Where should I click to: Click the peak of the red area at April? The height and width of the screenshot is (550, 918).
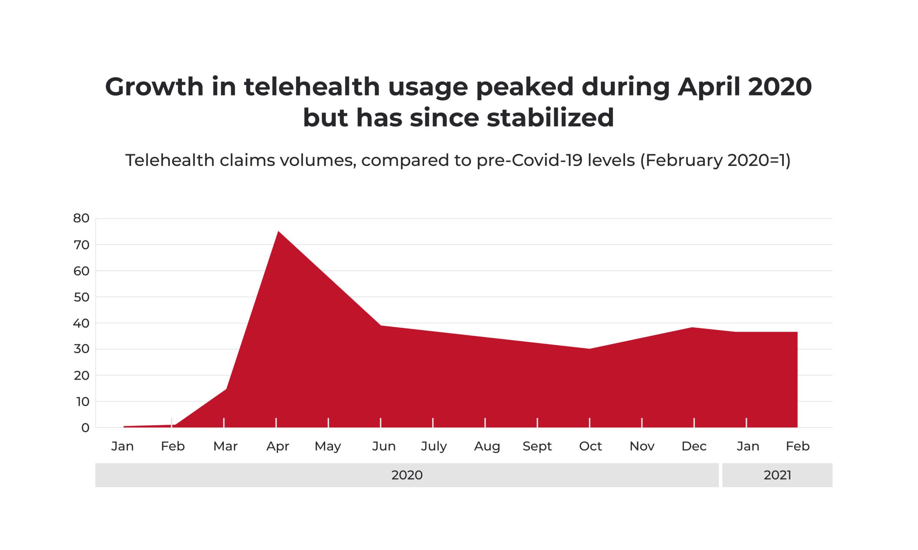click(x=278, y=231)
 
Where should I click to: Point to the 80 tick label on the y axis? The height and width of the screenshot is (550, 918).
click(x=81, y=219)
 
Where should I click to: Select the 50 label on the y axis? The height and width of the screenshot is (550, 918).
click(x=81, y=297)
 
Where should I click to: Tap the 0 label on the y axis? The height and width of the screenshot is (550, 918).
click(x=85, y=428)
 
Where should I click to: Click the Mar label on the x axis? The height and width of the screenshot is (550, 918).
click(x=225, y=446)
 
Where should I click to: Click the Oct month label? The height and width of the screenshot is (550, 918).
click(x=590, y=446)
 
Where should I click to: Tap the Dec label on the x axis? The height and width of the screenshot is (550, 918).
click(x=694, y=446)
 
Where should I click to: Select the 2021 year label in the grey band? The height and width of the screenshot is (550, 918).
click(x=777, y=475)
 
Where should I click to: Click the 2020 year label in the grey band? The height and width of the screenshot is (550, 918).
click(x=407, y=475)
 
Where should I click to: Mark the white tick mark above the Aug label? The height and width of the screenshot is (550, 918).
click(x=485, y=423)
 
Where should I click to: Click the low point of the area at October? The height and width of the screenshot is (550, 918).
click(x=590, y=349)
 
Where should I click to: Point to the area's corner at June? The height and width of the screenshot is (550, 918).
click(x=380, y=326)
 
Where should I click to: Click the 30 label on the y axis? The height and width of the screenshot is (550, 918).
click(x=81, y=350)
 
